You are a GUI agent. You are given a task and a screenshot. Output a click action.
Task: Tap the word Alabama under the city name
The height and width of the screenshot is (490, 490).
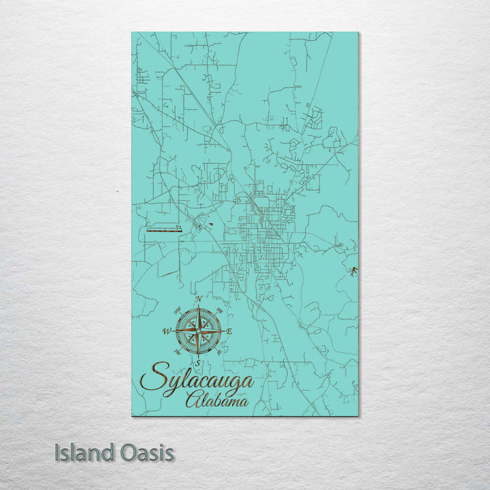point(217,401)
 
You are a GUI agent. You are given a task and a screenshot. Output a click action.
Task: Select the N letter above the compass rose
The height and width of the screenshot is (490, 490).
point(198,299)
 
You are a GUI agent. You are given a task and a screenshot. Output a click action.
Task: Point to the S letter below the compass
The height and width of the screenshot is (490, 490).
point(198,362)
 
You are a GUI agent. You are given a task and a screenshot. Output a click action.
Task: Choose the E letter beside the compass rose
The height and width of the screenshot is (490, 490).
point(229,331)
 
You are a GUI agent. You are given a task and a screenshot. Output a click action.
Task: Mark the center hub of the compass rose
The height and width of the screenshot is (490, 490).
point(198,331)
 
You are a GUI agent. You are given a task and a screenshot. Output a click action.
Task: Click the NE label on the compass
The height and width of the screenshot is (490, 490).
point(219,310)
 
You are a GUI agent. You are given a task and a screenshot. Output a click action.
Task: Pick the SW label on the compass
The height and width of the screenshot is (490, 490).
point(178,352)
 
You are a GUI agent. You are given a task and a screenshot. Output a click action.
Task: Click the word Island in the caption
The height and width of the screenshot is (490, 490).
point(82,453)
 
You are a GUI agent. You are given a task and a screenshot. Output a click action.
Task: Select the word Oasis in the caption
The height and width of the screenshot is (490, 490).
point(144,453)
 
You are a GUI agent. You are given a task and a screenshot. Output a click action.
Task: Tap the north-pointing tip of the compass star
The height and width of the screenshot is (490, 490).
point(198,306)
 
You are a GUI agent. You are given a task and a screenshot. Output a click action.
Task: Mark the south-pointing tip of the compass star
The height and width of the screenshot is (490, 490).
point(198,356)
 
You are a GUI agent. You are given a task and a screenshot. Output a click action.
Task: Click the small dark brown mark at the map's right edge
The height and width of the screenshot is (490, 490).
point(353,272)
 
